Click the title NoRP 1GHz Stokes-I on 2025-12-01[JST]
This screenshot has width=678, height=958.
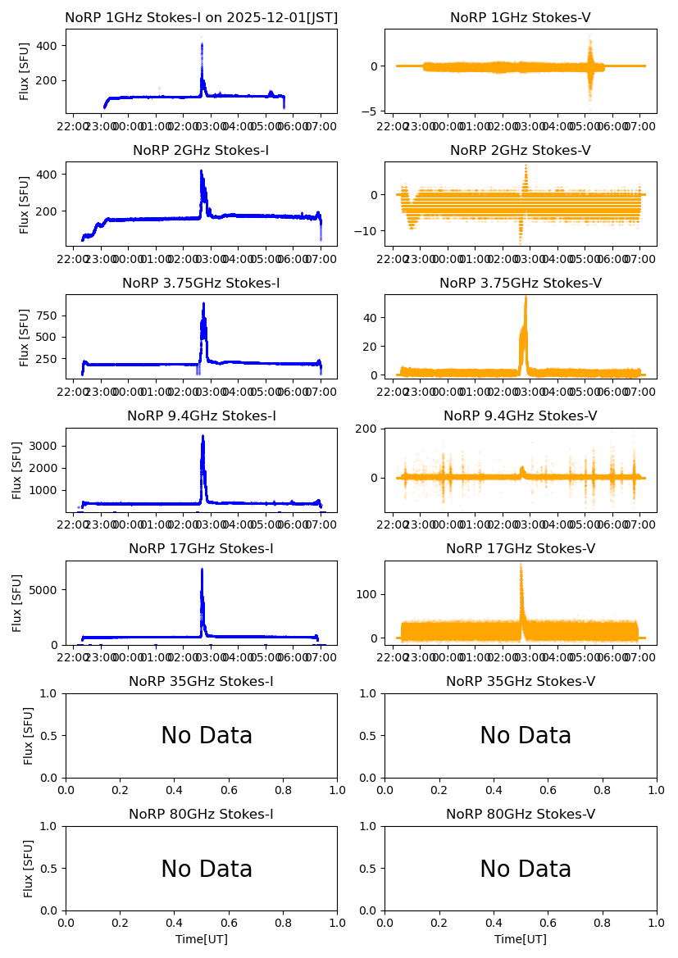(x=201, y=18)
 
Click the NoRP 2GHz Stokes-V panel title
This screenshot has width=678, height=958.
(x=521, y=151)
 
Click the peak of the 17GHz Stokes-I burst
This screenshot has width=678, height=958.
(x=202, y=569)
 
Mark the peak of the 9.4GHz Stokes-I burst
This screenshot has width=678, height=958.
(x=202, y=436)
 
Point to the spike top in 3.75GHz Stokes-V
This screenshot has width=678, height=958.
(x=526, y=297)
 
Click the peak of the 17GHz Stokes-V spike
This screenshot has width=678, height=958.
(x=521, y=564)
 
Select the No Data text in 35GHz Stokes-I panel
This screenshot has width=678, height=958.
(x=207, y=736)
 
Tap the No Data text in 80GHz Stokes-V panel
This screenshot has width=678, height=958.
(x=526, y=869)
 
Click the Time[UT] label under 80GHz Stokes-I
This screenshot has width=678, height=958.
(x=201, y=939)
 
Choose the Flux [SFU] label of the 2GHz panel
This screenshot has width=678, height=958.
(x=25, y=204)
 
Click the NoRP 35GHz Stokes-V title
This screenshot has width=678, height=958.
(x=521, y=682)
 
